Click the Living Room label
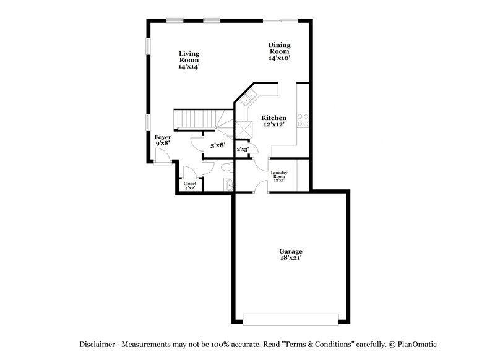point(189,59)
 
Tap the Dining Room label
point(279,51)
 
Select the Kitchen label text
point(273,118)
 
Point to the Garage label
point(290,251)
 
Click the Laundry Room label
point(279,176)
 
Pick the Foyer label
point(163,137)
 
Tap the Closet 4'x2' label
point(190,186)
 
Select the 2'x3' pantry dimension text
point(243,149)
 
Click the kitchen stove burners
point(303,120)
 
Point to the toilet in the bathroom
point(226,166)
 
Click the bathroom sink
point(228,184)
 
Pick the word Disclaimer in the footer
point(99,344)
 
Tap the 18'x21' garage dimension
point(290,259)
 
